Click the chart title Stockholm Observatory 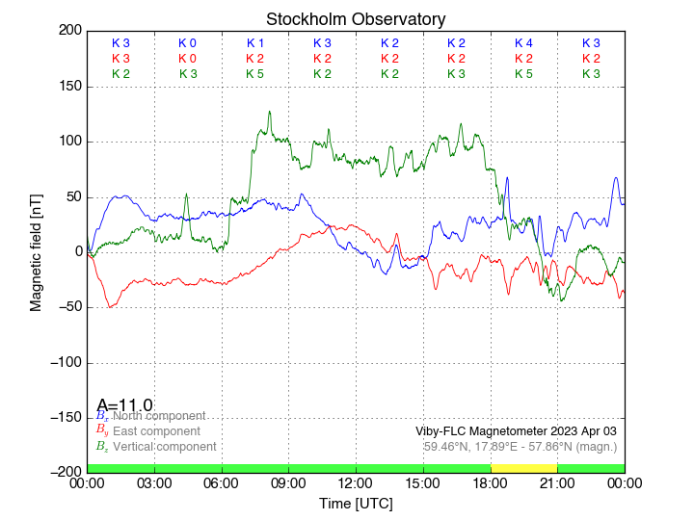[x=356, y=19]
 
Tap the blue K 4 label [x=523, y=43]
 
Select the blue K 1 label [x=254, y=43]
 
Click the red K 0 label [x=187, y=59]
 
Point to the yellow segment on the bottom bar [x=523, y=467]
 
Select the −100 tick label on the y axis [x=64, y=363]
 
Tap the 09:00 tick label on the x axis [x=288, y=482]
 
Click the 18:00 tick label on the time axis [x=490, y=482]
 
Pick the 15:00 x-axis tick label [x=422, y=482]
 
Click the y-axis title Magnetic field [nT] [x=36, y=250]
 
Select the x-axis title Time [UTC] [x=356, y=503]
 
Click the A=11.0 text [x=124, y=405]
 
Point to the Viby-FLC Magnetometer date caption [x=516, y=430]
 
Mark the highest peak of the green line [x=269, y=111]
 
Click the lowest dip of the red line [x=111, y=307]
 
